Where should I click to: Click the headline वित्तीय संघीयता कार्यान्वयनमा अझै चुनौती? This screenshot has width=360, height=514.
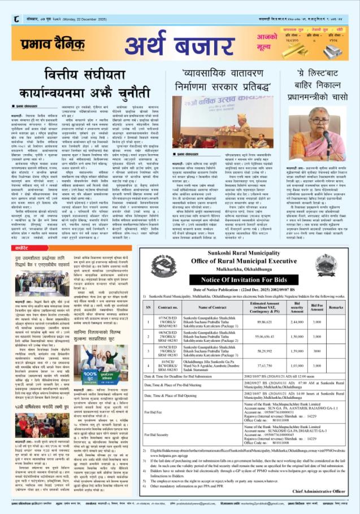pos(90,86)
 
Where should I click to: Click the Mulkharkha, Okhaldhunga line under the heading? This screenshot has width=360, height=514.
pos(253,254)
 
